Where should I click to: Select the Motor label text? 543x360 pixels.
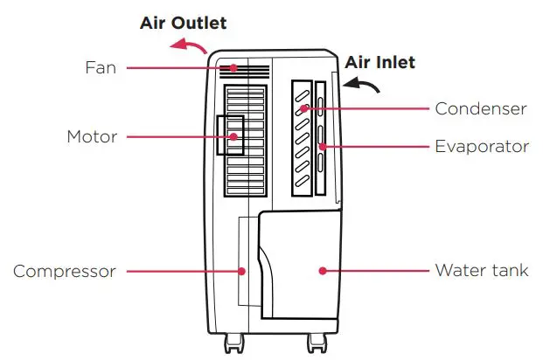[91, 137]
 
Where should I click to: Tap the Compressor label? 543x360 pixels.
[64, 272]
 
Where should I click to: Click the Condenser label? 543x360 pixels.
[480, 109]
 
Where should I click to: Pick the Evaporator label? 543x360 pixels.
[482, 146]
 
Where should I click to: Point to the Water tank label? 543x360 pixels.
[481, 270]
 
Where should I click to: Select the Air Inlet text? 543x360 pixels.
[379, 62]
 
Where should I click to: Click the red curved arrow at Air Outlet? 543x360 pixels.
[188, 48]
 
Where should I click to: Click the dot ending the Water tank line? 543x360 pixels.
[323, 271]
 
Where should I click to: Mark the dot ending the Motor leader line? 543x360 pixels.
[233, 137]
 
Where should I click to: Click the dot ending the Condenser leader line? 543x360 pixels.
[303, 109]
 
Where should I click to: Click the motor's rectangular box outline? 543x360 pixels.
[230, 135]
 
